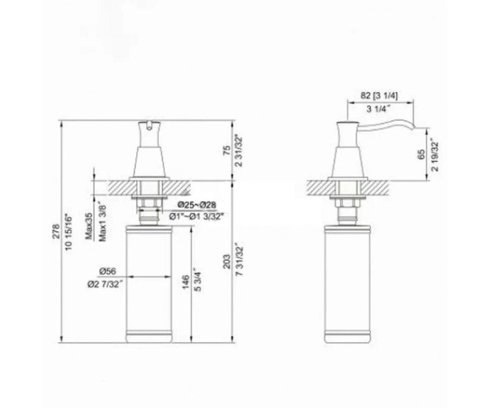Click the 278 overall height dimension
coord(56,231)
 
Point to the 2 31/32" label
coord(240,150)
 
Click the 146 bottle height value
coord(186,282)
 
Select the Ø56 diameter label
coord(108,272)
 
